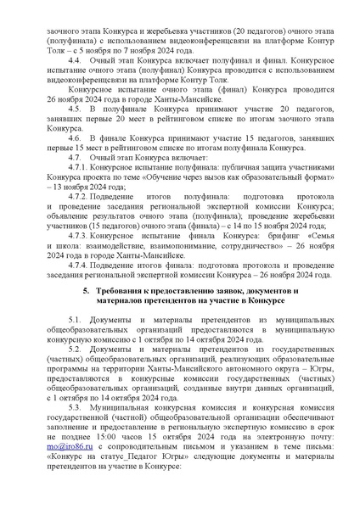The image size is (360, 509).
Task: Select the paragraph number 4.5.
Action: click(72, 132)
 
